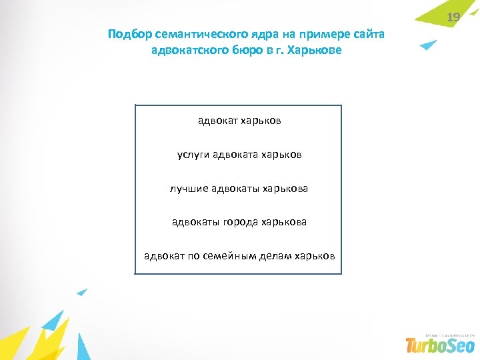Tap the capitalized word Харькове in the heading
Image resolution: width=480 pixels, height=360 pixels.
[313, 51]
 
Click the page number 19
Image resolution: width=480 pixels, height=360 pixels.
[453, 17]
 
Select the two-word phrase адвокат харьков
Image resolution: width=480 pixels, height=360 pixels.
[239, 121]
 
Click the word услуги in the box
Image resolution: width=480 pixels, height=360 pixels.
[193, 155]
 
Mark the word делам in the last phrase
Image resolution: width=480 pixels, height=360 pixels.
[279, 256]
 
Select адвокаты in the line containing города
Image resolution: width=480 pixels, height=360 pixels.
[195, 222]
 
